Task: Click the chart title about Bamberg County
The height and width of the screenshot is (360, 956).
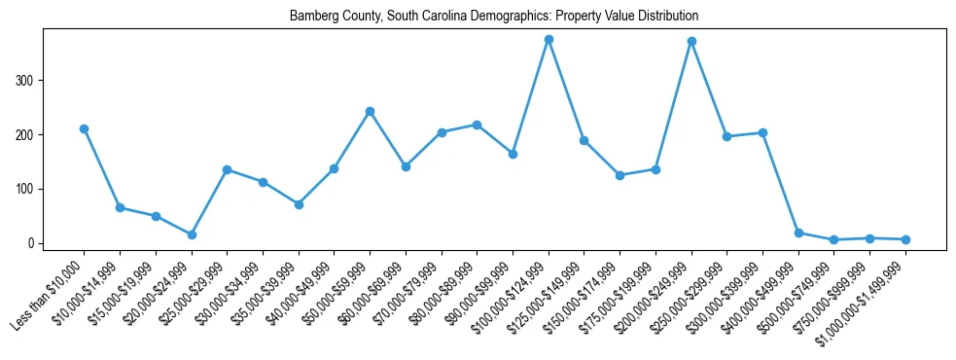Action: (494, 17)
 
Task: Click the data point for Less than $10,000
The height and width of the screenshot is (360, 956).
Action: (84, 128)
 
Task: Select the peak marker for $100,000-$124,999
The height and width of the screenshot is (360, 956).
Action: (549, 39)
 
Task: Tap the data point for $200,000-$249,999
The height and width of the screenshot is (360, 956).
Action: (691, 41)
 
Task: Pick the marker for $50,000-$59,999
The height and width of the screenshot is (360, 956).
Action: (370, 111)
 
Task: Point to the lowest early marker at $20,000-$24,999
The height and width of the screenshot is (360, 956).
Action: (192, 234)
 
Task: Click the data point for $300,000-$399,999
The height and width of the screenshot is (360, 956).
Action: (762, 132)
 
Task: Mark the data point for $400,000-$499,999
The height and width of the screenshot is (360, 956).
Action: (798, 233)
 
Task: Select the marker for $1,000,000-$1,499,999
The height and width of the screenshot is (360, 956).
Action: (905, 239)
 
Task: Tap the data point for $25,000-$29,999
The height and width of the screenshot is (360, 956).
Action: (227, 169)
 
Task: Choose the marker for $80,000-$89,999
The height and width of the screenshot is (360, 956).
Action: (477, 125)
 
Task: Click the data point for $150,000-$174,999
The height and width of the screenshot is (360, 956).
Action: (620, 175)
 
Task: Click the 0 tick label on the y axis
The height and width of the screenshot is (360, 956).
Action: (32, 243)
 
